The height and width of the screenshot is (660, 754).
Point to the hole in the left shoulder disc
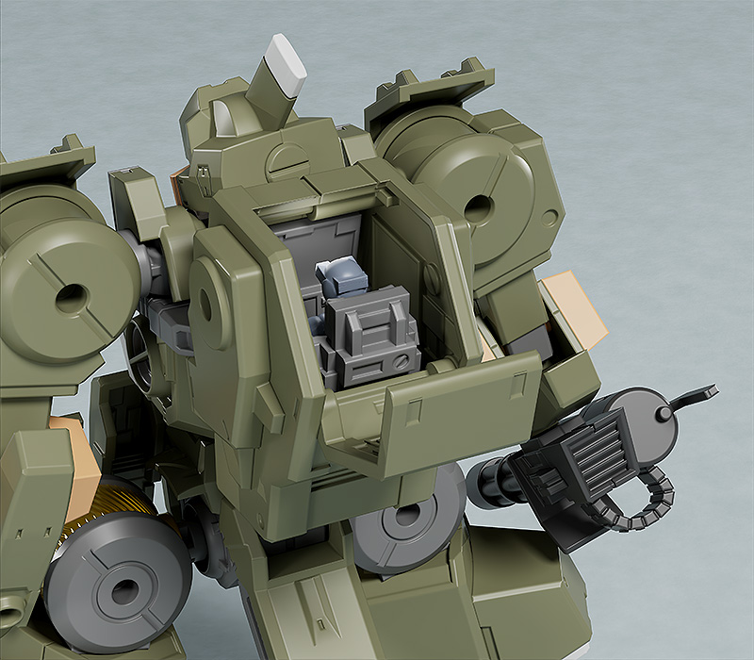click(67, 301)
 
